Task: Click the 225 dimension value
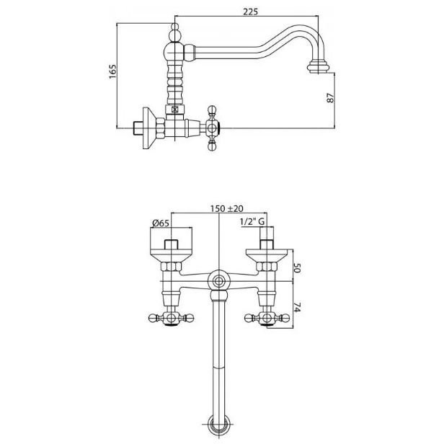pos(251,12)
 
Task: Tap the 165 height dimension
pos(112,71)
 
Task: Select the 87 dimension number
pos(330,98)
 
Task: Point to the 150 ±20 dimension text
pos(226,209)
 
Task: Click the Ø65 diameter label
pos(161,223)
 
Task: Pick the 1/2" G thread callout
pos(252,222)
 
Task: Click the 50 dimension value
pos(296,267)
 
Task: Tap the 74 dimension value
pos(296,307)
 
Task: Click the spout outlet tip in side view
pos(319,67)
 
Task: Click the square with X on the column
pos(174,110)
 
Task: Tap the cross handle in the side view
pos(212,128)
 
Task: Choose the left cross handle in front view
pos(171,318)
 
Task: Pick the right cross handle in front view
pos(267,318)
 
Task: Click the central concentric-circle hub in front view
pos(218,281)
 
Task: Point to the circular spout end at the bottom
pos(218,425)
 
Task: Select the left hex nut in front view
pos(171,267)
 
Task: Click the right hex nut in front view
pos(267,267)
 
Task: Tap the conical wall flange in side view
pos(149,128)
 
